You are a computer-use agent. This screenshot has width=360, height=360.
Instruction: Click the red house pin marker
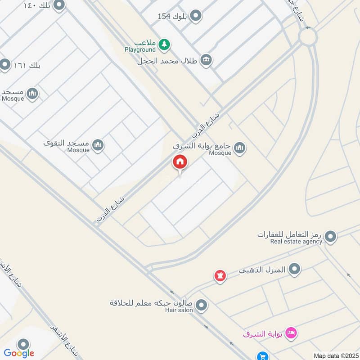click(180, 162)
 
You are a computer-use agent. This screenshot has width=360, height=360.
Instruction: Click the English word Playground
click(140, 49)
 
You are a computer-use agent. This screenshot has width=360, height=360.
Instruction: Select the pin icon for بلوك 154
click(195, 17)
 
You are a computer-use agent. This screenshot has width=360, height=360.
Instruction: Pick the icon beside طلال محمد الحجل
click(206, 60)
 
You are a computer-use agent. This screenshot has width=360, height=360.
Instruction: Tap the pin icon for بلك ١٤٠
click(59, 5)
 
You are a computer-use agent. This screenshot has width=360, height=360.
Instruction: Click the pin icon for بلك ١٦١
click(5, 65)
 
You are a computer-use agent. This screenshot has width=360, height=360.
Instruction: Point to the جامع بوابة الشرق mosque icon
click(240, 148)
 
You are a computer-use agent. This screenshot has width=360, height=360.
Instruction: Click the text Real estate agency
click(296, 242)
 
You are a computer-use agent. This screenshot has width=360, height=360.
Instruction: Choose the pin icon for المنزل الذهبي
click(295, 270)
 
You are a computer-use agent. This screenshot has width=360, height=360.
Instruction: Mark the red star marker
click(220, 274)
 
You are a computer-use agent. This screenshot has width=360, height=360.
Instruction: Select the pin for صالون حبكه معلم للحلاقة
click(202, 306)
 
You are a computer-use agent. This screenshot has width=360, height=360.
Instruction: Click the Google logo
click(19, 353)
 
